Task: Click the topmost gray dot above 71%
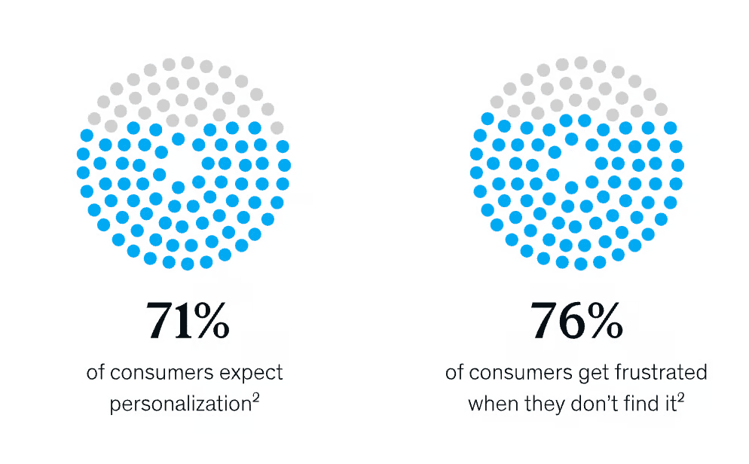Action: [188, 63]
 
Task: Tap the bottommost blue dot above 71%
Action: [188, 264]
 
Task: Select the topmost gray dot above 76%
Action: [581, 63]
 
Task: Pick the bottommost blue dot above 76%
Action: [581, 264]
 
